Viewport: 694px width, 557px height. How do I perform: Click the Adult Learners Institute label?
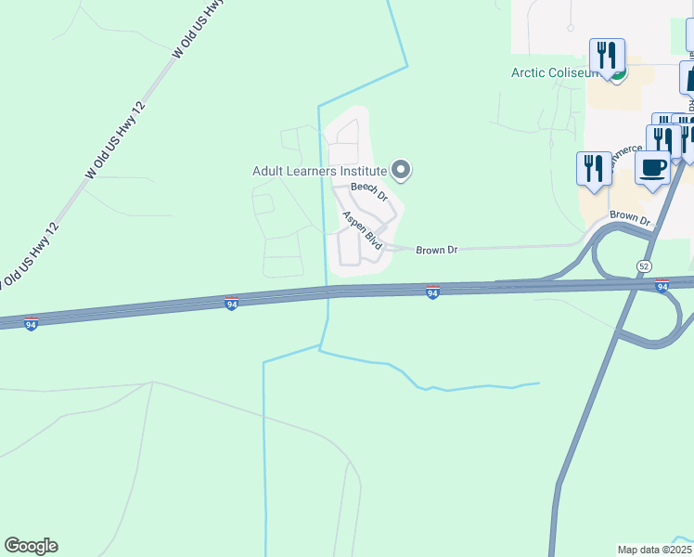pyautogui.click(x=319, y=171)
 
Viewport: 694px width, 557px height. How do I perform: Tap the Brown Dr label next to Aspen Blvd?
pyautogui.click(x=436, y=250)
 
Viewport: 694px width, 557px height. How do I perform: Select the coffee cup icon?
pyautogui.click(x=653, y=168)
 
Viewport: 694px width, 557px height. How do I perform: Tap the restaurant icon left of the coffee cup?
pyautogui.click(x=594, y=167)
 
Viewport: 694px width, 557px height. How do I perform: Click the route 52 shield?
pyautogui.click(x=644, y=266)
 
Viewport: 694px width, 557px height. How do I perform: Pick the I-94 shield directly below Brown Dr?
pyautogui.click(x=432, y=292)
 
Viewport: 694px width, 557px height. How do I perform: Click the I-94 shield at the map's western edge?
pyautogui.click(x=31, y=324)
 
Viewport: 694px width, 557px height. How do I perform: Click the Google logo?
pyautogui.click(x=31, y=546)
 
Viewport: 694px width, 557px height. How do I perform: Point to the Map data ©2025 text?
pyautogui.click(x=655, y=550)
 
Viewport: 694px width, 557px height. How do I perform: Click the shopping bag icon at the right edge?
pyautogui.click(x=688, y=78)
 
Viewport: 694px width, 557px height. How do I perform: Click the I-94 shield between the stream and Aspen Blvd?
pyautogui.click(x=231, y=304)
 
